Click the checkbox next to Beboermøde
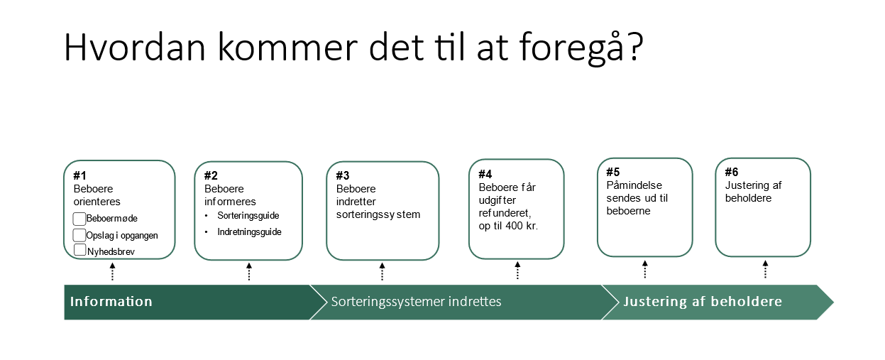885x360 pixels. coord(79,219)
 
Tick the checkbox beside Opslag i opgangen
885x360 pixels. coord(79,235)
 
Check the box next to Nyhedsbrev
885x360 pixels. coord(80,250)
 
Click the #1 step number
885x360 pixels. coord(79,175)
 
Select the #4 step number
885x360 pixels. coord(485,174)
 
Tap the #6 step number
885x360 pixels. coord(732,172)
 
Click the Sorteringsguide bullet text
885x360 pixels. coord(248,216)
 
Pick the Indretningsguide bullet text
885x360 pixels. coord(249,232)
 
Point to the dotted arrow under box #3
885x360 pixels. coord(382,271)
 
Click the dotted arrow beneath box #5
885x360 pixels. coord(645,269)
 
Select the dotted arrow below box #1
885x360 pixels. coord(113,272)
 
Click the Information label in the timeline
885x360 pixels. coord(111,302)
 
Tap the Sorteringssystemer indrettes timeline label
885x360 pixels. coord(416,302)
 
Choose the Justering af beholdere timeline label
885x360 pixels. coord(703,302)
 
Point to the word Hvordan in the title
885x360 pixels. coord(135,47)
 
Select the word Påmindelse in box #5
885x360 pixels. coord(634,185)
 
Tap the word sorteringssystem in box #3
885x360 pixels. coord(378,214)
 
